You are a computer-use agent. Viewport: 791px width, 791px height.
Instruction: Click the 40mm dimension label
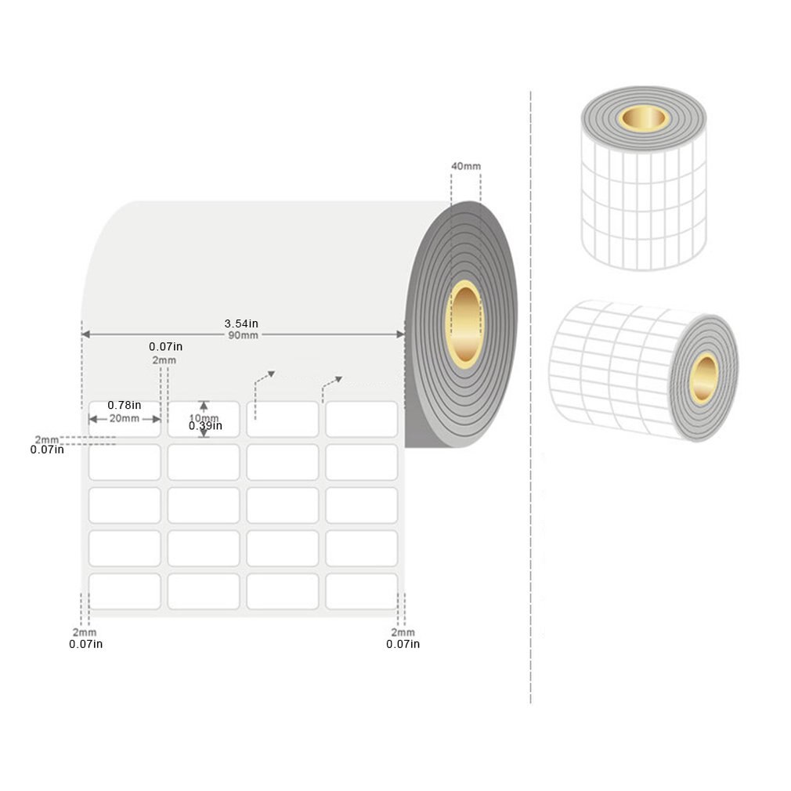[x=466, y=166]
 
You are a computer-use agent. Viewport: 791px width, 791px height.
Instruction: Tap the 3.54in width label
[x=241, y=323]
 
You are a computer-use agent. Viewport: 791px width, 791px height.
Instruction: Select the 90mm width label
[x=243, y=335]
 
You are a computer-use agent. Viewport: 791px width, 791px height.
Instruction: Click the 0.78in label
[x=125, y=405]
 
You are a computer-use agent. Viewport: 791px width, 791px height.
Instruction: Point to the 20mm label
[x=125, y=418]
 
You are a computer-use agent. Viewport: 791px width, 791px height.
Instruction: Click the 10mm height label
[x=204, y=417]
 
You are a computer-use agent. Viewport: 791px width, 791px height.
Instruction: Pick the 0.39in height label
[x=205, y=426]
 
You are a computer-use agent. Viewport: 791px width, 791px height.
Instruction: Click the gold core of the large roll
[x=464, y=323]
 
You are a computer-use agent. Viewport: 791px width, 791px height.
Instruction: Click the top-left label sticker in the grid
[x=125, y=419]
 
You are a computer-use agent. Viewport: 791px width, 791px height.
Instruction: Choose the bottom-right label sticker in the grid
[x=361, y=591]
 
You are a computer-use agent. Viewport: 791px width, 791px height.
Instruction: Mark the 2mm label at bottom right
[x=403, y=632]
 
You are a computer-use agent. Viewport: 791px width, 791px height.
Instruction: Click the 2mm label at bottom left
[x=85, y=632]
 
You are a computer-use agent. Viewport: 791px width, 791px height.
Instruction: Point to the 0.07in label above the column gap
[x=165, y=346]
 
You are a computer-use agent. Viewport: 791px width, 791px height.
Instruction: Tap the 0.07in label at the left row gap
[x=47, y=450]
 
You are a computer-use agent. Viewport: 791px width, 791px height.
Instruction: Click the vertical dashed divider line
[x=531, y=392]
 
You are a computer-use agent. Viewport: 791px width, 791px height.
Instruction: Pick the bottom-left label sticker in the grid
[x=125, y=591]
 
